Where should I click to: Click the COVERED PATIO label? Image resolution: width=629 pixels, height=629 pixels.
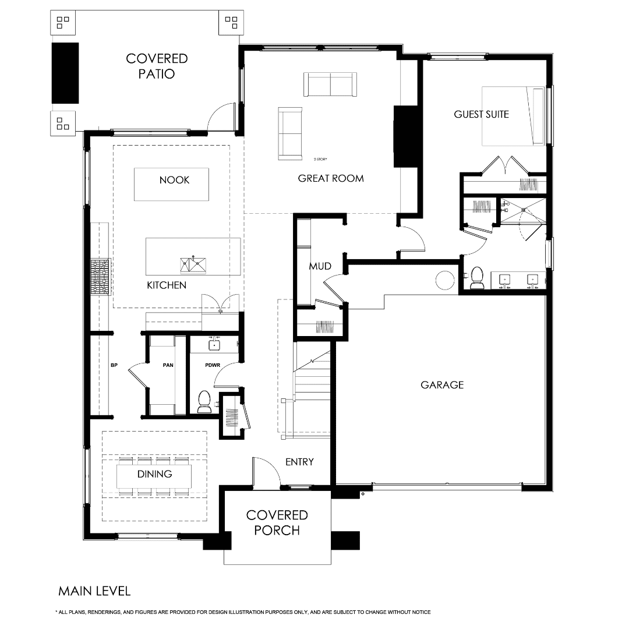coord(157,66)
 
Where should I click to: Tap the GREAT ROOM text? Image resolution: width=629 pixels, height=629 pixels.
coord(331,178)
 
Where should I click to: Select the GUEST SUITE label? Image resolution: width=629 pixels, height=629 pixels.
coord(481,114)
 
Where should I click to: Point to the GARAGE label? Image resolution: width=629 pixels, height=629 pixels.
coord(442,384)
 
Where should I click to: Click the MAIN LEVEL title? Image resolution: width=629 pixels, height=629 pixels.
coord(94,591)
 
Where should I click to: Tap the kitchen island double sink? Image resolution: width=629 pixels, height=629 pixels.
coord(193,264)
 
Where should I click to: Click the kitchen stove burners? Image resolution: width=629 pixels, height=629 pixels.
coord(100,277)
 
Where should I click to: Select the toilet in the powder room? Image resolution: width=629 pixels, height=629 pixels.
coord(204,402)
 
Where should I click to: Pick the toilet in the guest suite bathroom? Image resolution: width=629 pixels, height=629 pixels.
coord(477,278)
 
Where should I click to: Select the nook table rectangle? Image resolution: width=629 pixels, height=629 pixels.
coord(171,184)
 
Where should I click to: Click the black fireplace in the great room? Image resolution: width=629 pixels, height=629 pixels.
coord(402,136)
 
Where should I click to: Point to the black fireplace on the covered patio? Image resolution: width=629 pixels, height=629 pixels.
coord(65,73)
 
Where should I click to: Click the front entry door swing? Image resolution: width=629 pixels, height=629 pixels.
coord(265,472)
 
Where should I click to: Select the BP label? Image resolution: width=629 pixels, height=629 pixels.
coord(114,366)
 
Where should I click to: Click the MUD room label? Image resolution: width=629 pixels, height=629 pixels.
coord(320,266)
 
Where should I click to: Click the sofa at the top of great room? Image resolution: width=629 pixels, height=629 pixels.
coord(330,84)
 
